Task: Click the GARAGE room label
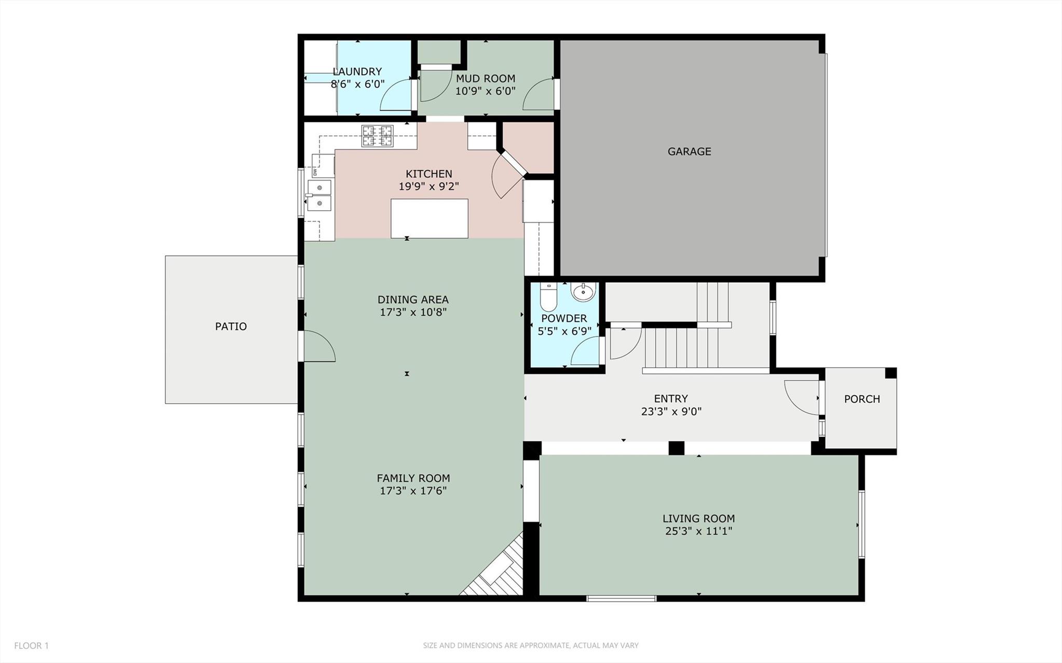(x=689, y=151)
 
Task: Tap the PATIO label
(x=231, y=326)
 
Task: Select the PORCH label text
(x=862, y=399)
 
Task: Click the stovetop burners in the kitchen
(x=377, y=136)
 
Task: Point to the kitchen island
(x=430, y=218)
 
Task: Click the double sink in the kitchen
(x=320, y=195)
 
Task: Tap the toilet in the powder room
(x=548, y=296)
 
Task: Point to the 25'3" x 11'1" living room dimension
(x=698, y=531)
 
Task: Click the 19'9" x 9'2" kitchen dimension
(x=429, y=186)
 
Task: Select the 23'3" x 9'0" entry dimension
(x=671, y=411)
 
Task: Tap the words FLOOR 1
(x=31, y=646)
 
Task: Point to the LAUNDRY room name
(x=357, y=72)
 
